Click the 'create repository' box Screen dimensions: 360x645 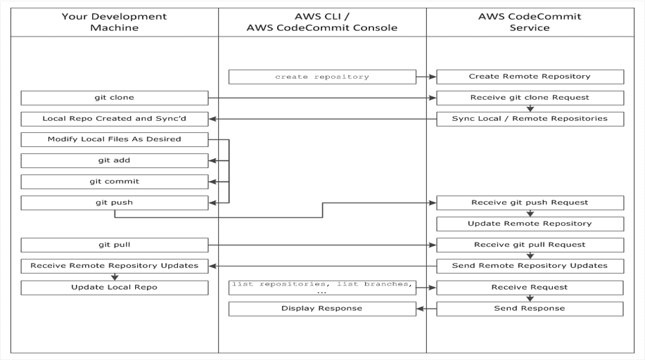coord(321,77)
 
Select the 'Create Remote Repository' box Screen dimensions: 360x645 coord(530,77)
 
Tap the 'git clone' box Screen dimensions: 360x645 coord(115,98)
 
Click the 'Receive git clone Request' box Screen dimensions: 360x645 coord(530,98)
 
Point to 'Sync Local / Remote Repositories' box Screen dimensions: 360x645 coord(530,119)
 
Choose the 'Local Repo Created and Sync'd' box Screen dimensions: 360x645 coord(115,119)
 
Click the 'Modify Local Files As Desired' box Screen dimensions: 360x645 coord(115,139)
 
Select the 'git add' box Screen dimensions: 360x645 coord(115,160)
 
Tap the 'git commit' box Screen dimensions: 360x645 coord(115,181)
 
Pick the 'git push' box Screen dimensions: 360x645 coord(115,202)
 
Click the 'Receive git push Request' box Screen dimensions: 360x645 coord(530,202)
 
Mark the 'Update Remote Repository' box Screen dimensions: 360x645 coord(530,224)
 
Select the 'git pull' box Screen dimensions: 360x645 coord(115,245)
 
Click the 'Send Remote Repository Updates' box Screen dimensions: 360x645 coord(530,266)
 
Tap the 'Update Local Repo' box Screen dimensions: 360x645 coord(115,288)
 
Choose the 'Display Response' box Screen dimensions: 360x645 coord(321,308)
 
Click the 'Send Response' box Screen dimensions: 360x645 coord(530,308)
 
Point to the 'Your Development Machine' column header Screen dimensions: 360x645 coord(115,22)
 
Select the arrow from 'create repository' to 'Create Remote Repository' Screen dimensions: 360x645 coord(426,77)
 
